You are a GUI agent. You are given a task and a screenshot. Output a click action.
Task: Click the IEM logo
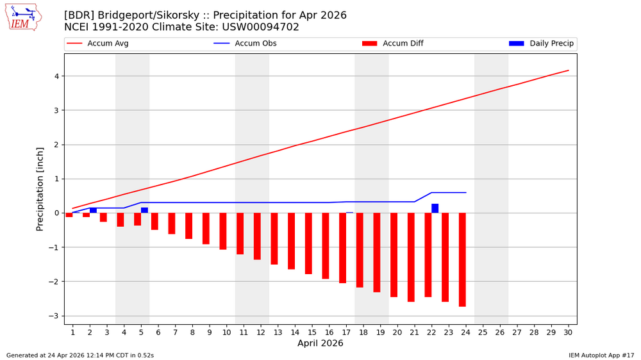pyautogui.click(x=23, y=17)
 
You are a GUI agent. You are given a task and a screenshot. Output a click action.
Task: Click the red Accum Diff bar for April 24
pyautogui.click(x=462, y=259)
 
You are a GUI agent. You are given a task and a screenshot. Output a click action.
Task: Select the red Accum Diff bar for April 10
pyautogui.click(x=223, y=231)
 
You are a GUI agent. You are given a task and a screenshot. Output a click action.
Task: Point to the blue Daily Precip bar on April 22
pyautogui.click(x=435, y=208)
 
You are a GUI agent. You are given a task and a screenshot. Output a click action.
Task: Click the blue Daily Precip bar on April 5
pyautogui.click(x=145, y=210)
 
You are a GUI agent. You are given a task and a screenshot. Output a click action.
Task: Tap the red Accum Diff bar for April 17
pyautogui.click(x=343, y=248)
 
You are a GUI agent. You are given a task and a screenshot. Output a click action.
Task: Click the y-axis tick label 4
pyautogui.click(x=56, y=76)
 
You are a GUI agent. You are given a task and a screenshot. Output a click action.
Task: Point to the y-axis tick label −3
pyautogui.click(x=54, y=316)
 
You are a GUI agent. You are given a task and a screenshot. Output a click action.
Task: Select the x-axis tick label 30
pyautogui.click(x=568, y=332)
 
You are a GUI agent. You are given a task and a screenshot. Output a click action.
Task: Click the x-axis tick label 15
pyautogui.click(x=312, y=332)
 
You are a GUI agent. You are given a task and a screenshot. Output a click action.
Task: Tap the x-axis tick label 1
pyautogui.click(x=72, y=332)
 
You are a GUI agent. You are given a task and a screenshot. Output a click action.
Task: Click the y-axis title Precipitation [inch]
pyautogui.click(x=40, y=189)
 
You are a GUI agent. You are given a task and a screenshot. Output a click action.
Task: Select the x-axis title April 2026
pyautogui.click(x=320, y=344)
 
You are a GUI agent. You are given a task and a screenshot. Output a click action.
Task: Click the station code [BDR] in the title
pyautogui.click(x=79, y=15)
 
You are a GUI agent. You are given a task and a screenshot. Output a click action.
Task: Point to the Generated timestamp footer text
pyautogui.click(x=80, y=355)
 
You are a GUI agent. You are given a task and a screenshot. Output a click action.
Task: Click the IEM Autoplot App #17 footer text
pyautogui.click(x=601, y=355)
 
